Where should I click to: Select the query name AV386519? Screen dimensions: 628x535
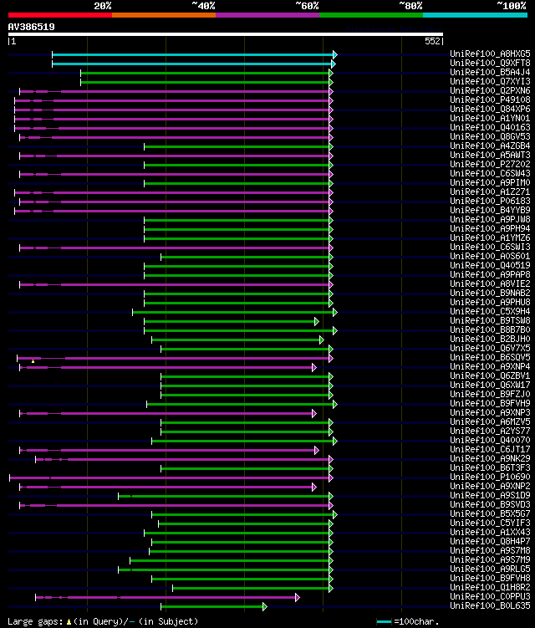point(32,27)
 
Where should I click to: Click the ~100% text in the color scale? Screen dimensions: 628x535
point(511,6)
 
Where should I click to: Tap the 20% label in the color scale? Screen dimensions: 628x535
point(103,6)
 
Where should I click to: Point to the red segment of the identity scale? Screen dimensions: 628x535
point(59,15)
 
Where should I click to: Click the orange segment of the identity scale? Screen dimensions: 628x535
point(163,15)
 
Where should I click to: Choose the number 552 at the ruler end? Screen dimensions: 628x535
point(432,41)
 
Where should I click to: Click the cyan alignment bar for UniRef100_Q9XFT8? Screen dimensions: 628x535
point(192,64)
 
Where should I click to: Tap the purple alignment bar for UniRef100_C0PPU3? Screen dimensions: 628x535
point(167,597)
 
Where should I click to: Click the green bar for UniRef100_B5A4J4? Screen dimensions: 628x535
point(205,73)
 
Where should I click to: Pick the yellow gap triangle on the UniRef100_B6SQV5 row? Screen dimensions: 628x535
point(33,360)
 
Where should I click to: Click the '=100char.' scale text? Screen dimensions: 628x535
point(415,621)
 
